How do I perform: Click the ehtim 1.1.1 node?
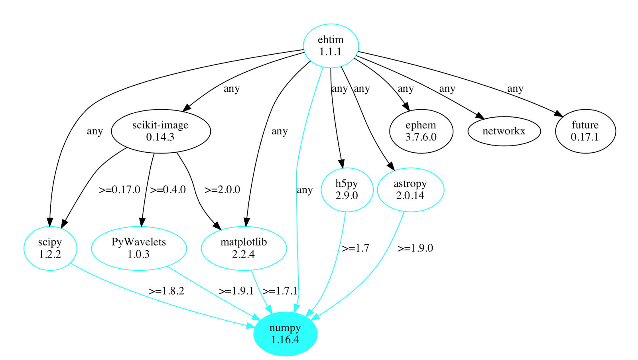pos(331,45)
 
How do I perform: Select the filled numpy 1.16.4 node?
pos(285,334)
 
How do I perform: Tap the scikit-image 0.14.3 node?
pos(161,131)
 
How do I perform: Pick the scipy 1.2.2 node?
pos(50,248)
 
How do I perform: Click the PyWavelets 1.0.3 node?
pos(139,248)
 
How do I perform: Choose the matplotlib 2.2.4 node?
pos(244,248)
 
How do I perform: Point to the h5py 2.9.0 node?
pos(347,190)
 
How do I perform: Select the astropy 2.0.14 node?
pos(410,190)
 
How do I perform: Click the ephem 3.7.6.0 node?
pos(421,131)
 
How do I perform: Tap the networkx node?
pos(504,131)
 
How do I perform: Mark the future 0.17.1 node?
pos(585,131)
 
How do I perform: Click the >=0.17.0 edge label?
pos(119,190)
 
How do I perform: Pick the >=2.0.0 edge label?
pos(222,190)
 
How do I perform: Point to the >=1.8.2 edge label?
pos(166,291)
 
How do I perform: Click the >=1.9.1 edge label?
pos(236,291)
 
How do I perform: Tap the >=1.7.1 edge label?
pos(280,291)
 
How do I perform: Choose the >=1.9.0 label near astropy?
pos(415,248)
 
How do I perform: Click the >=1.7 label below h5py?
pos(355,248)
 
